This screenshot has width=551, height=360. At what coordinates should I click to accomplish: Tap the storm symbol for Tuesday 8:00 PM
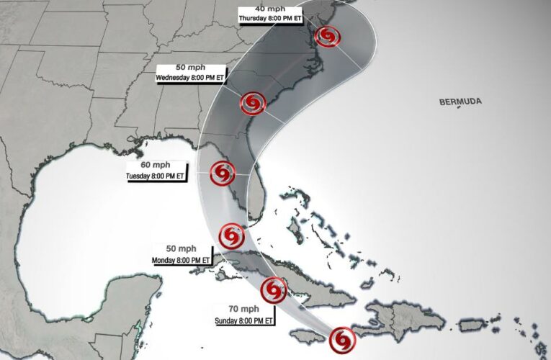tap(222, 173)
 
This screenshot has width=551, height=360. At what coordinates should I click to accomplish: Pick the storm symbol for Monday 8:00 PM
tap(231, 235)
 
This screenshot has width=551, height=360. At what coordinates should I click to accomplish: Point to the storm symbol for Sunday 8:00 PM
tap(273, 289)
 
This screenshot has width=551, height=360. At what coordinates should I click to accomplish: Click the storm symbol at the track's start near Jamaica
tap(342, 338)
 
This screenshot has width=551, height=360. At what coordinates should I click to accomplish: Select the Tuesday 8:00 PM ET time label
tap(156, 176)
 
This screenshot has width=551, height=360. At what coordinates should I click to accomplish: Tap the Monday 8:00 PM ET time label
tap(181, 259)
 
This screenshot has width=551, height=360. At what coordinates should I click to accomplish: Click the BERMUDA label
tap(460, 102)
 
